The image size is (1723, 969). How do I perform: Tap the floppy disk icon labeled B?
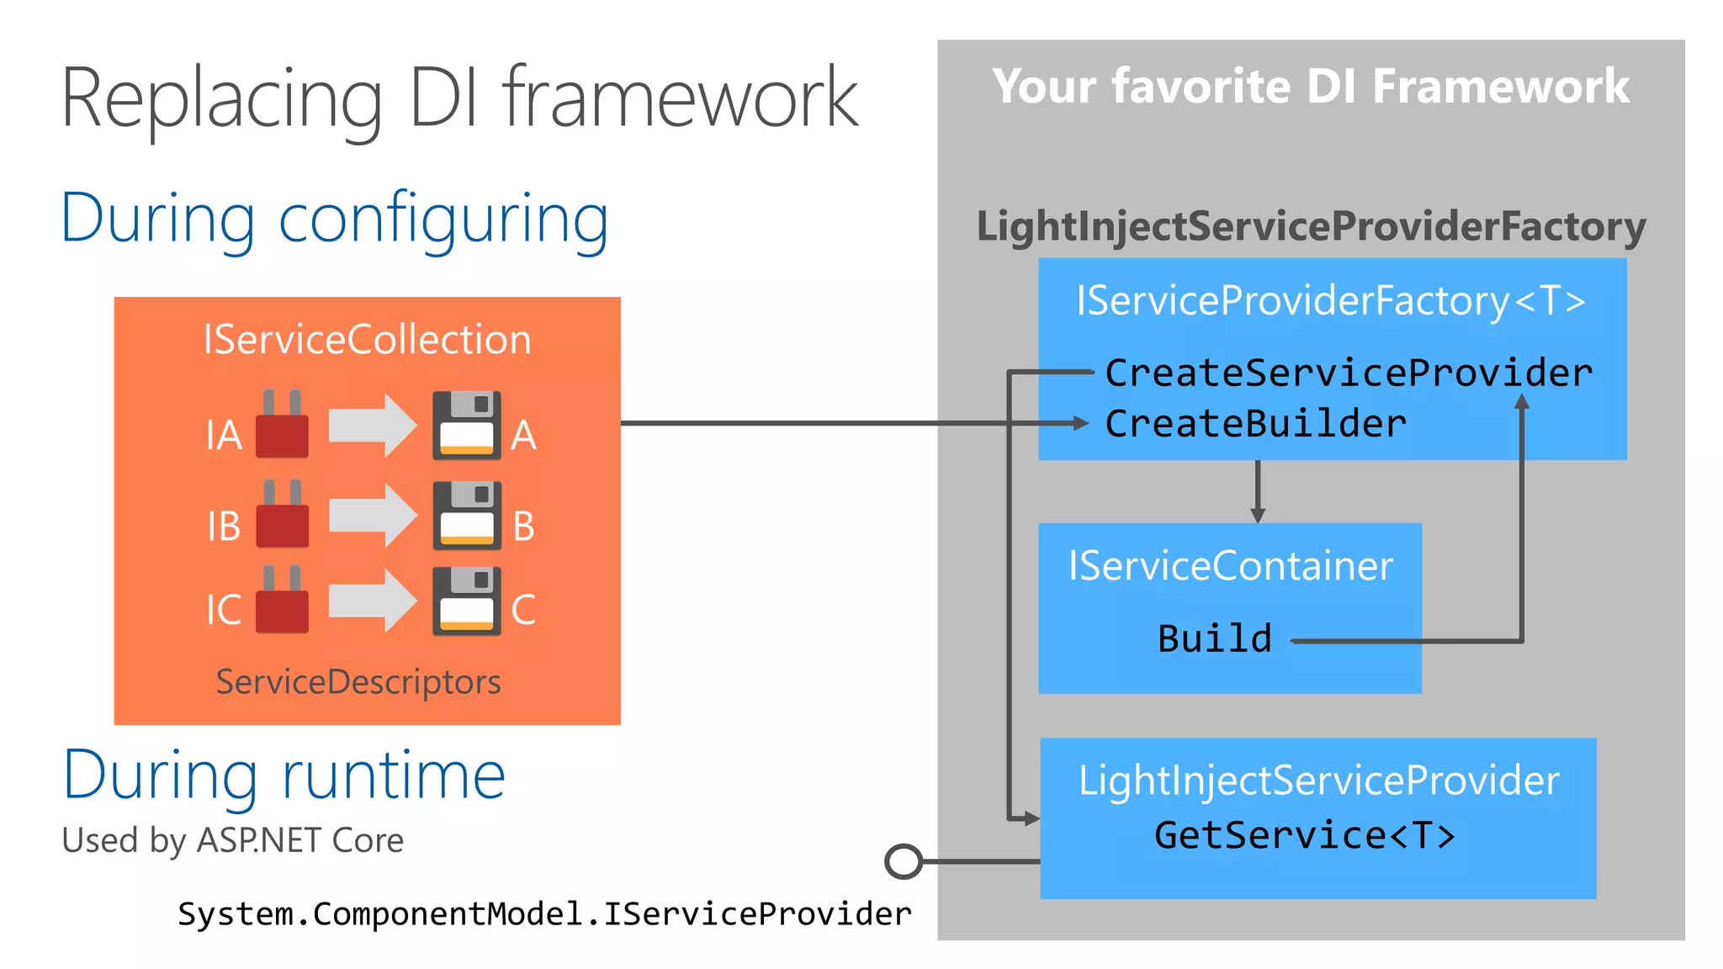[467, 516]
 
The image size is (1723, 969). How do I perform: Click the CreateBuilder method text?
[1255, 423]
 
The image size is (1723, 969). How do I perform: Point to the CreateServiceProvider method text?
[1349, 373]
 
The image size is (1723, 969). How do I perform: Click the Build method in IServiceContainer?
[1214, 638]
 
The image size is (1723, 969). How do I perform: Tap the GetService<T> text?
[1304, 835]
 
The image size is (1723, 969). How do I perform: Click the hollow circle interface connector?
[904, 861]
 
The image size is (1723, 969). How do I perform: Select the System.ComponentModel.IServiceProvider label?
[544, 913]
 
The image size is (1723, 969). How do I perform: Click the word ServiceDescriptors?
[358, 681]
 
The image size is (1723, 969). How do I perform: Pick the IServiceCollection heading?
[367, 340]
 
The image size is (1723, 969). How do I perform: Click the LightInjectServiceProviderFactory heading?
[1311, 226]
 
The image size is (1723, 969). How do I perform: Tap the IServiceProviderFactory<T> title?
[1331, 300]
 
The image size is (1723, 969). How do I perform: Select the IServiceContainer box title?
[1230, 565]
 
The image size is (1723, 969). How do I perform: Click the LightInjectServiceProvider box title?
[1318, 781]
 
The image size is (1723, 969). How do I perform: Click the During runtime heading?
[284, 775]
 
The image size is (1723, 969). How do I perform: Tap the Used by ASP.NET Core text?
[233, 840]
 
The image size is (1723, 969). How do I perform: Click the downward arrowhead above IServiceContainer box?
[1258, 514]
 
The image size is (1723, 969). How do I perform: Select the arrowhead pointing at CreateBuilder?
[1080, 423]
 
